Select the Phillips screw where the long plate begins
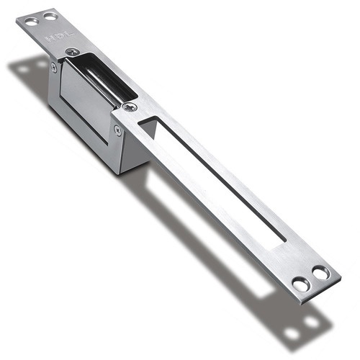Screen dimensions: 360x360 (130, 107)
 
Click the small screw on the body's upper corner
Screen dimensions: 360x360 (54, 67)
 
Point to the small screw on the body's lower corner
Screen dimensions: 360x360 (117, 130)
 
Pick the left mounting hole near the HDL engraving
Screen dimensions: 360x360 (31, 21)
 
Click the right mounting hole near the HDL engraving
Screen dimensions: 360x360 (48, 15)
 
